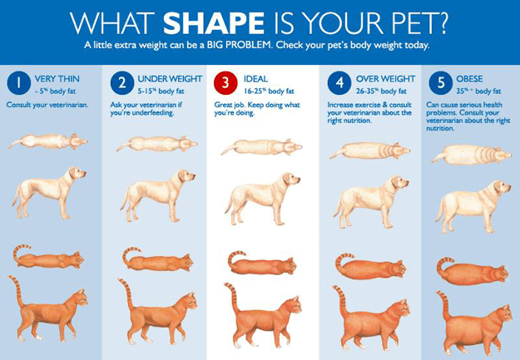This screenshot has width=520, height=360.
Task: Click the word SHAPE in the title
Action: click(x=214, y=23)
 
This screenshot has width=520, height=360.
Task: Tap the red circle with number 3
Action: click(x=225, y=83)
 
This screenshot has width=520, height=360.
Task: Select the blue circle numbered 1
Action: click(x=19, y=83)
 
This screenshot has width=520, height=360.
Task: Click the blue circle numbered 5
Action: click(x=441, y=83)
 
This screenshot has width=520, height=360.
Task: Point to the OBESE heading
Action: click(x=469, y=79)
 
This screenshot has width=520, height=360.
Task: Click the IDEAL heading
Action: click(x=255, y=79)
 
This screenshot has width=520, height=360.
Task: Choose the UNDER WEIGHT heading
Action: click(x=170, y=79)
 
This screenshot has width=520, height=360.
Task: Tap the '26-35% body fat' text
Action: click(x=381, y=91)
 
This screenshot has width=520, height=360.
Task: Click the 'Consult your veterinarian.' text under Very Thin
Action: click(x=47, y=105)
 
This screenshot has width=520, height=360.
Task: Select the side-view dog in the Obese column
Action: click(x=473, y=206)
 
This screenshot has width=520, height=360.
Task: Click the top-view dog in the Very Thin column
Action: click(x=47, y=141)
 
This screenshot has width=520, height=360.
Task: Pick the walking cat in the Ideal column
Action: click(x=263, y=315)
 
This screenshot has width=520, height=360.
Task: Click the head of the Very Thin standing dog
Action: click(x=77, y=174)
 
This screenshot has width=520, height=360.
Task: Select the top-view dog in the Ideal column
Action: click(x=261, y=147)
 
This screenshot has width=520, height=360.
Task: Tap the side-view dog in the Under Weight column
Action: click(x=158, y=195)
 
